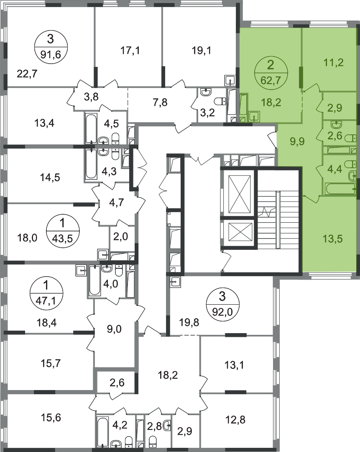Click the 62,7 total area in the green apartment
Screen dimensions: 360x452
coord(271,79)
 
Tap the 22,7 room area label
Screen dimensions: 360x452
coord(27,74)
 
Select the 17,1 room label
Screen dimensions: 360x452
coord(130,51)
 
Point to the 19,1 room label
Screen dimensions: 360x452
coord(202,51)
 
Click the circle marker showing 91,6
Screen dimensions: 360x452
coord(51,47)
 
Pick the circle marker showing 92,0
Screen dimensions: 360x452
coord(222,304)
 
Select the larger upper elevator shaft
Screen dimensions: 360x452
coord(239,193)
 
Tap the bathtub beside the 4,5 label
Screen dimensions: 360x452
coord(91,128)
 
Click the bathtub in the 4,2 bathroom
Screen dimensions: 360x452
coord(102,431)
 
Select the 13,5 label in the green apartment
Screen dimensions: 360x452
coord(333,239)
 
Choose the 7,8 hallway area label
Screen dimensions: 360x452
coord(161,103)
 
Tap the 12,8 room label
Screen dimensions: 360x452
coord(235,419)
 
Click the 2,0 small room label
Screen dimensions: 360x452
coord(121,237)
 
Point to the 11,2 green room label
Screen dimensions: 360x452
coord(334,62)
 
